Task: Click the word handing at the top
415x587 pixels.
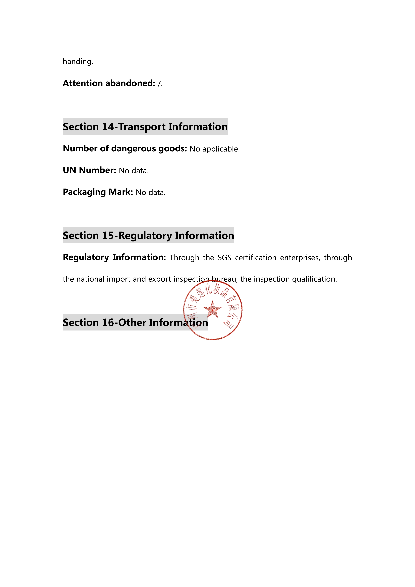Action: click(x=78, y=62)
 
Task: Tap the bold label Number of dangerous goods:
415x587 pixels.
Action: click(x=125, y=149)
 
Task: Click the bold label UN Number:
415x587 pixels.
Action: click(x=89, y=170)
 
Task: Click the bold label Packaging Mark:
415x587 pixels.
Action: click(x=98, y=192)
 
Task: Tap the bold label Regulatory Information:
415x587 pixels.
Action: click(x=114, y=257)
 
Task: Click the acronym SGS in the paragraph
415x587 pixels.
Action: click(x=224, y=258)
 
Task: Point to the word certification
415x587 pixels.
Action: click(x=256, y=258)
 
